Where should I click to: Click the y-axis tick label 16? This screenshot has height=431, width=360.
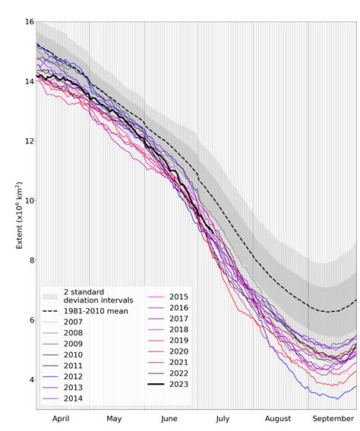pos(28,22)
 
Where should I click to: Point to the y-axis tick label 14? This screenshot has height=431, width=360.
pos(28,81)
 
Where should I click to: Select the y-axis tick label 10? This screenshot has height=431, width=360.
pos(28,200)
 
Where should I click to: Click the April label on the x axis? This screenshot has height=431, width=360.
pos(62,418)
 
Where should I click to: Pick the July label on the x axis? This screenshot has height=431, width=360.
pos(223,418)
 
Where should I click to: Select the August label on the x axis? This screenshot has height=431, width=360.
pos(279,418)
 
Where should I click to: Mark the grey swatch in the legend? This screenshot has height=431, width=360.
pos(50,296)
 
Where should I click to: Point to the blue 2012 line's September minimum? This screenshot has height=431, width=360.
pos(337,398)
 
